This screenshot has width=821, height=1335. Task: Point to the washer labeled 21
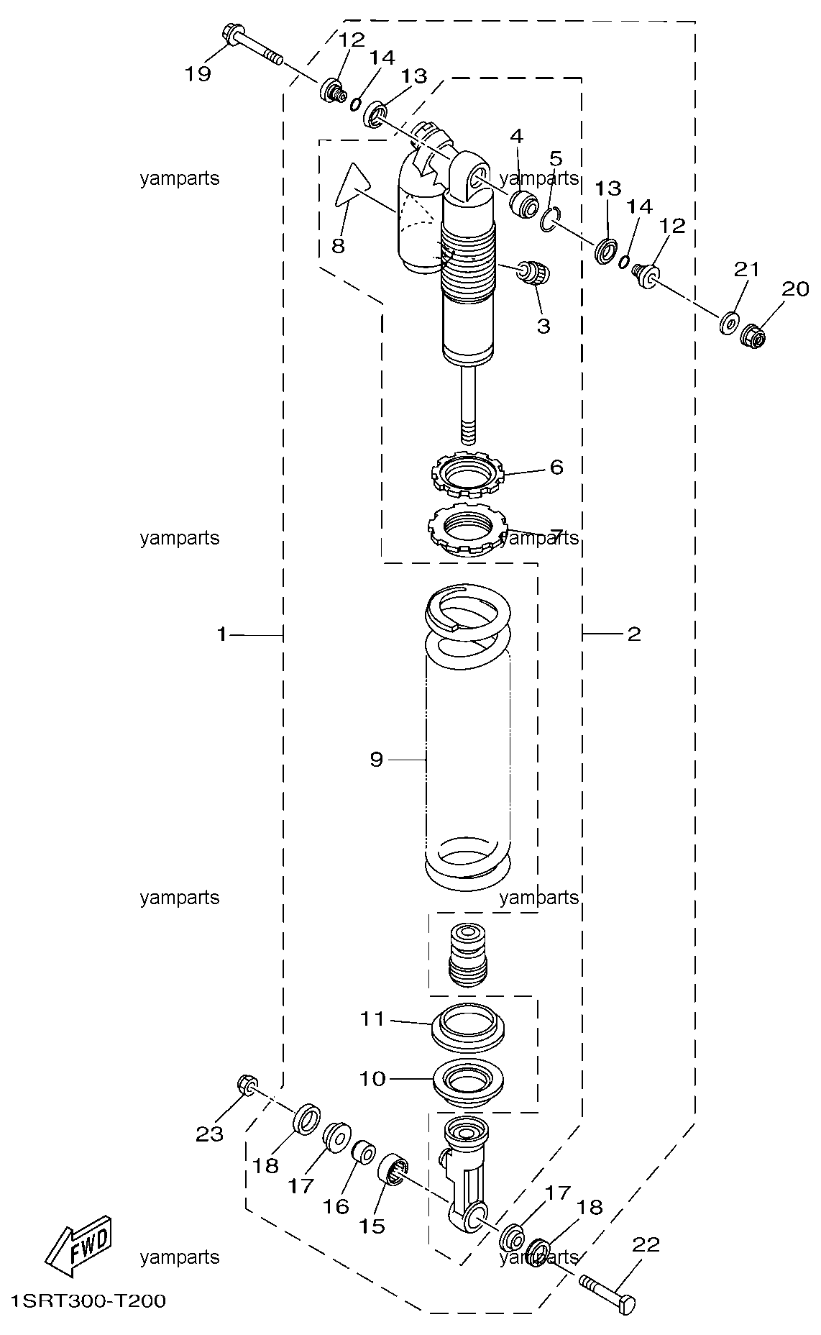click(x=728, y=323)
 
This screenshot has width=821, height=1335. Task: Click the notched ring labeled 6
click(x=468, y=475)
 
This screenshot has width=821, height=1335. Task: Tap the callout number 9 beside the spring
click(x=377, y=760)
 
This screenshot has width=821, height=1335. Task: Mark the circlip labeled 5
click(x=549, y=220)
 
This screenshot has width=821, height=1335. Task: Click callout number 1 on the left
click(x=222, y=634)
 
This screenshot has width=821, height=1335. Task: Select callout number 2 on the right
click(x=633, y=634)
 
